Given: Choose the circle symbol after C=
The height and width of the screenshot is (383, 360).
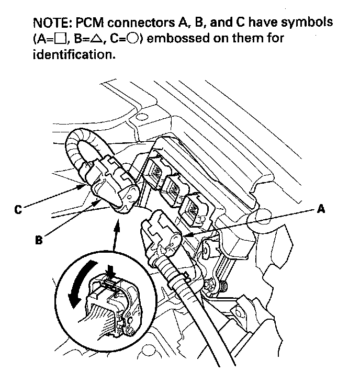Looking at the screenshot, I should pos(129,40).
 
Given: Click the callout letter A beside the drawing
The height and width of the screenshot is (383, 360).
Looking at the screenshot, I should pos(321,210).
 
